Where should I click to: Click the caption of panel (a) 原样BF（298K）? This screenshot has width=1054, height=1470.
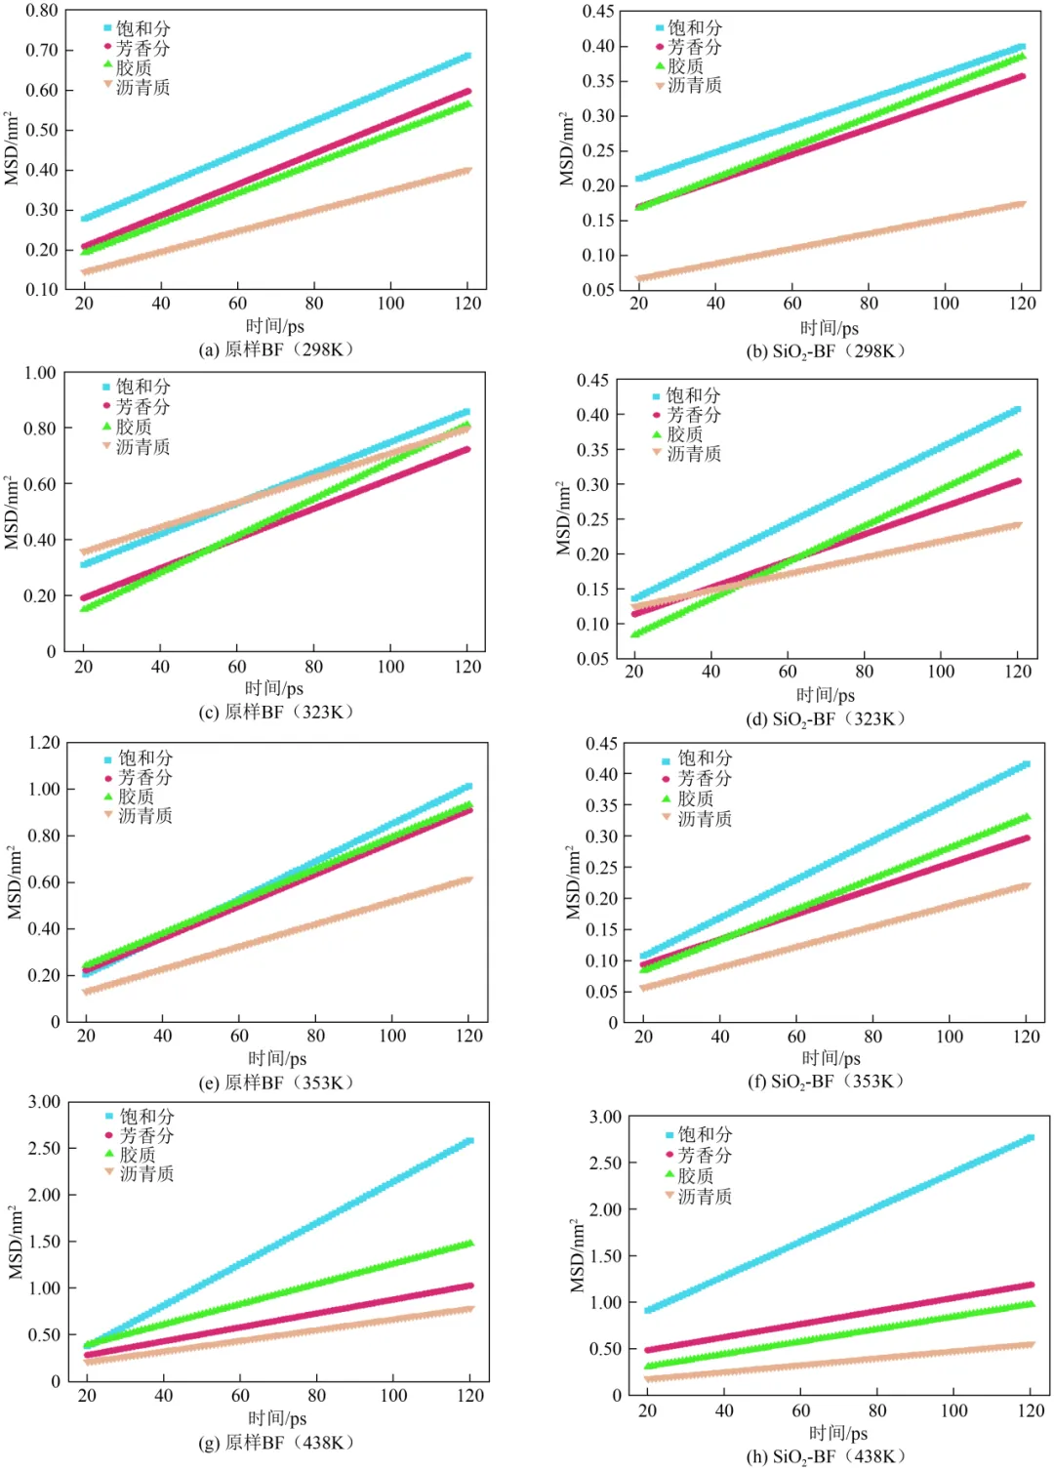click(x=276, y=349)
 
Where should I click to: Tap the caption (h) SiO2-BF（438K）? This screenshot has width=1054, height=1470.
click(x=826, y=1456)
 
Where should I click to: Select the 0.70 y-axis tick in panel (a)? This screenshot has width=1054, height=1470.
click(x=42, y=50)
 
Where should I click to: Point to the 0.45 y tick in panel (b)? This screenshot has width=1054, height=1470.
click(x=598, y=12)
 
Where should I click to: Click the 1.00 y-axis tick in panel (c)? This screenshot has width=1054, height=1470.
click(x=40, y=373)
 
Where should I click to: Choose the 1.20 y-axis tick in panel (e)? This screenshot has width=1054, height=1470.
click(x=44, y=743)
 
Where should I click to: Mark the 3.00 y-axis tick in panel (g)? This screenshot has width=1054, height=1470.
click(x=44, y=1102)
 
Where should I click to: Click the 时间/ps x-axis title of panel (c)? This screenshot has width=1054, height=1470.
click(x=274, y=688)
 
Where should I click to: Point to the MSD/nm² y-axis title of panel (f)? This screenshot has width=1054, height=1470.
click(x=574, y=882)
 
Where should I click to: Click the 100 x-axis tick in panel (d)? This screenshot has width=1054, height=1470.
click(x=941, y=672)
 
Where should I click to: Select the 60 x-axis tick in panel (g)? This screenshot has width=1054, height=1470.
click(x=240, y=1396)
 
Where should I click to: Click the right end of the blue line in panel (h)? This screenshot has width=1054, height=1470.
click(x=1030, y=1138)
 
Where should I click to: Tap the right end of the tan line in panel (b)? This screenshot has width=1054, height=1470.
click(x=1022, y=205)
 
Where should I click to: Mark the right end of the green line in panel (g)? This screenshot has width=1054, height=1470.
click(x=469, y=1244)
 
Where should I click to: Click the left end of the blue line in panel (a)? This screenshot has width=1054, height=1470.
click(x=85, y=219)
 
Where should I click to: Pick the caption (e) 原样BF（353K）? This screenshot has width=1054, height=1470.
click(x=276, y=1082)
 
